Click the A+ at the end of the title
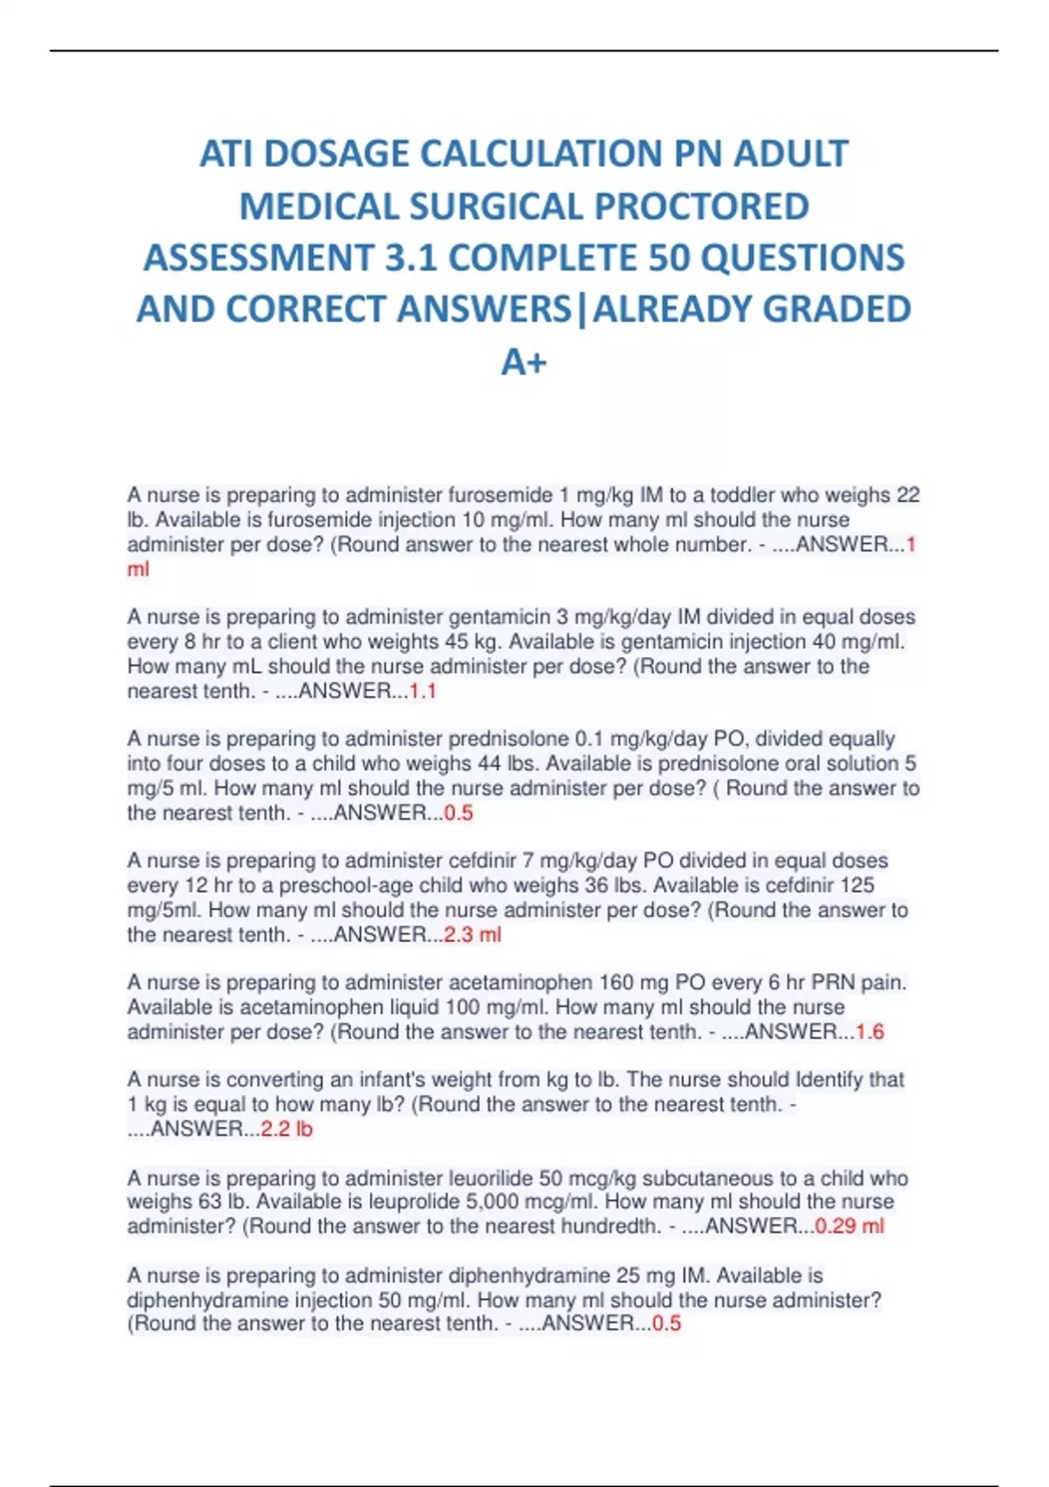524,361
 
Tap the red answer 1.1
423,691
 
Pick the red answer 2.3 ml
473,934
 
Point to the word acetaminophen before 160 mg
523,982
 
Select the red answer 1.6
870,1032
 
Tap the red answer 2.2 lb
287,1129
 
